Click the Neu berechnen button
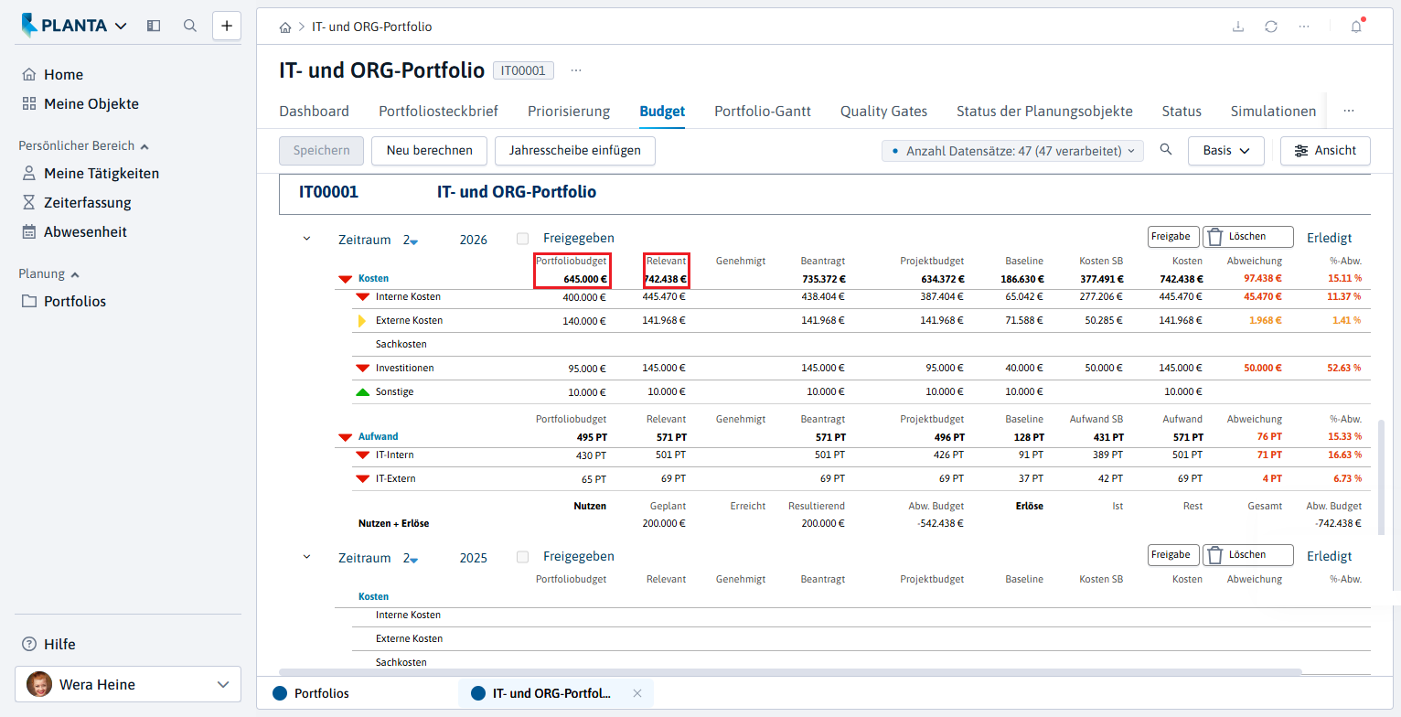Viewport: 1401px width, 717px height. pos(429,151)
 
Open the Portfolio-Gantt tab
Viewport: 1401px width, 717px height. pos(763,112)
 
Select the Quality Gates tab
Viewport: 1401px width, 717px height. pos(883,112)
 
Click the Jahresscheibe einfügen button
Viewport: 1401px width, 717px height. pos(575,151)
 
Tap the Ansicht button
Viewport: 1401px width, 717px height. pos(1325,151)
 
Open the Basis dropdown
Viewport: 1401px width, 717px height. pos(1225,151)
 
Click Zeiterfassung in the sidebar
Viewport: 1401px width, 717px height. pos(87,203)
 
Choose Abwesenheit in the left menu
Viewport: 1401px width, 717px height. pos(85,232)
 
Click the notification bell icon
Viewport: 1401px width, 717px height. pos(1356,27)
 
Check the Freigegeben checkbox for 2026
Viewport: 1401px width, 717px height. pos(523,239)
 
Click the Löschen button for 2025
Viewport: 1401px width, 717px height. pos(1247,555)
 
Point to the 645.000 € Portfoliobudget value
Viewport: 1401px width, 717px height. pos(584,279)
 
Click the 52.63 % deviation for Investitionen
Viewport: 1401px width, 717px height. pos(1344,368)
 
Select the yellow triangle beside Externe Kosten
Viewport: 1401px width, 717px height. pos(361,321)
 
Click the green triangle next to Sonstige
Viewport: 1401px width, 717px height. pos(363,392)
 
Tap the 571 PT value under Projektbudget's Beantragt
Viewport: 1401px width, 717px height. pos(830,437)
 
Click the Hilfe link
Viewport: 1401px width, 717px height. pos(59,645)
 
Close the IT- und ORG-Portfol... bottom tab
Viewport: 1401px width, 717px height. pos(637,693)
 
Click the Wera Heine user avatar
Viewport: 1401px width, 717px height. pos(38,684)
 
